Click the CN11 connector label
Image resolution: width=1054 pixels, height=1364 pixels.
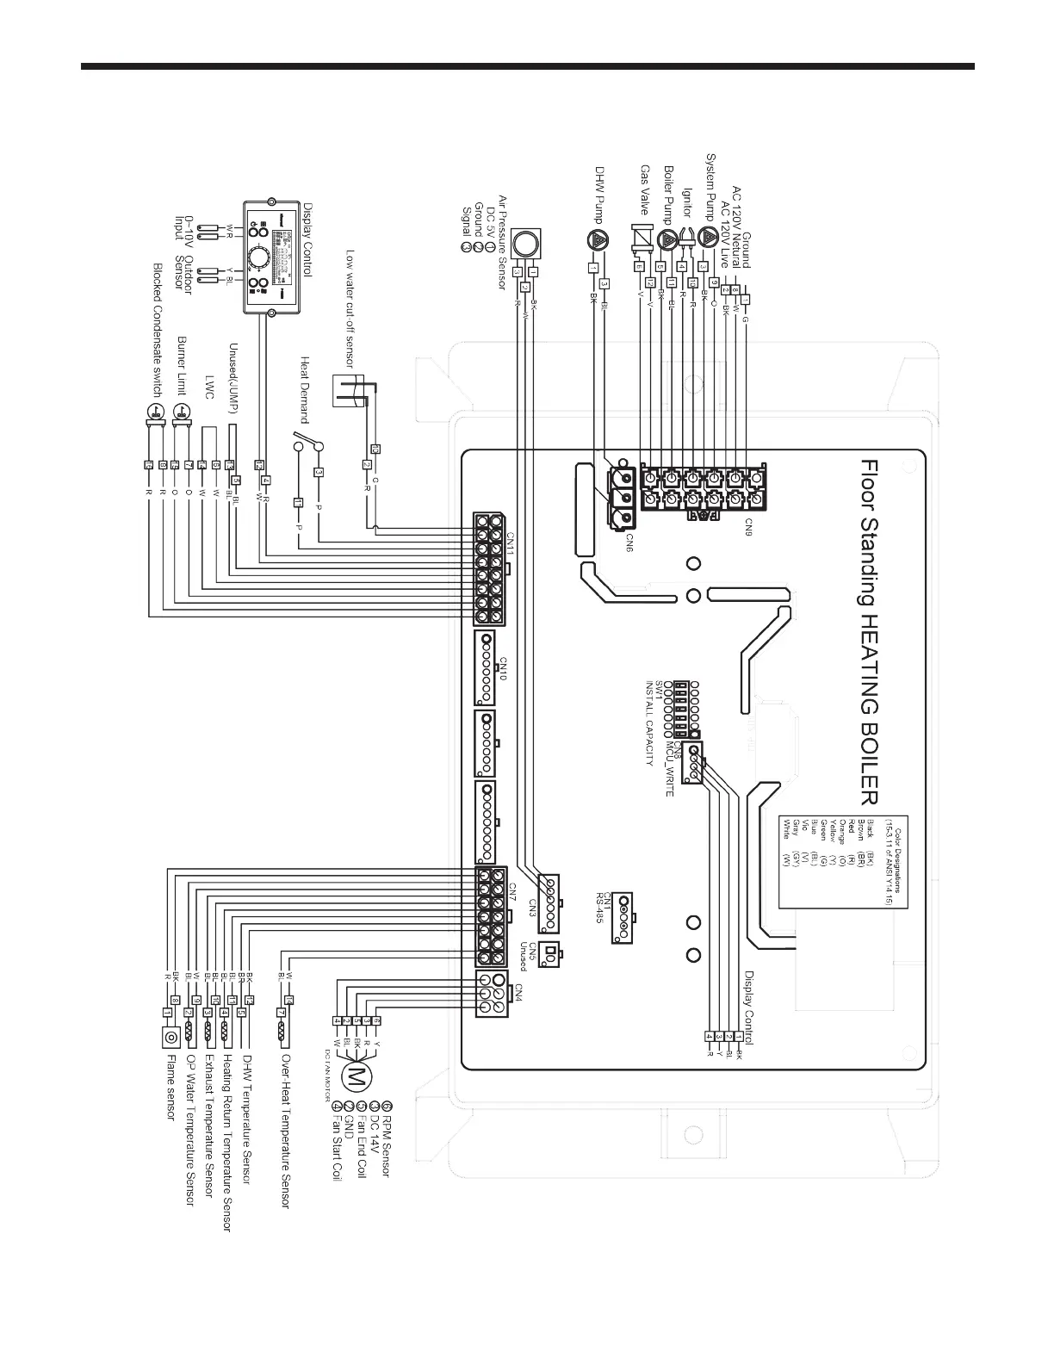[x=510, y=549]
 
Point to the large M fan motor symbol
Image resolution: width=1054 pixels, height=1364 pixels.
[x=354, y=1075]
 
